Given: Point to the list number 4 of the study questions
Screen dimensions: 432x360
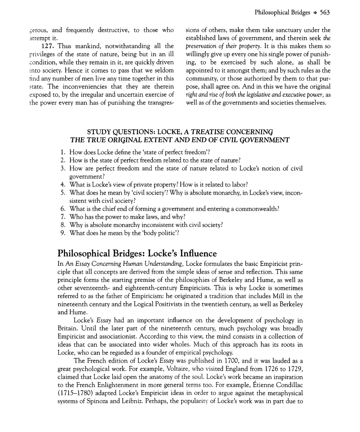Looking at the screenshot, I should [x=63, y=184].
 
